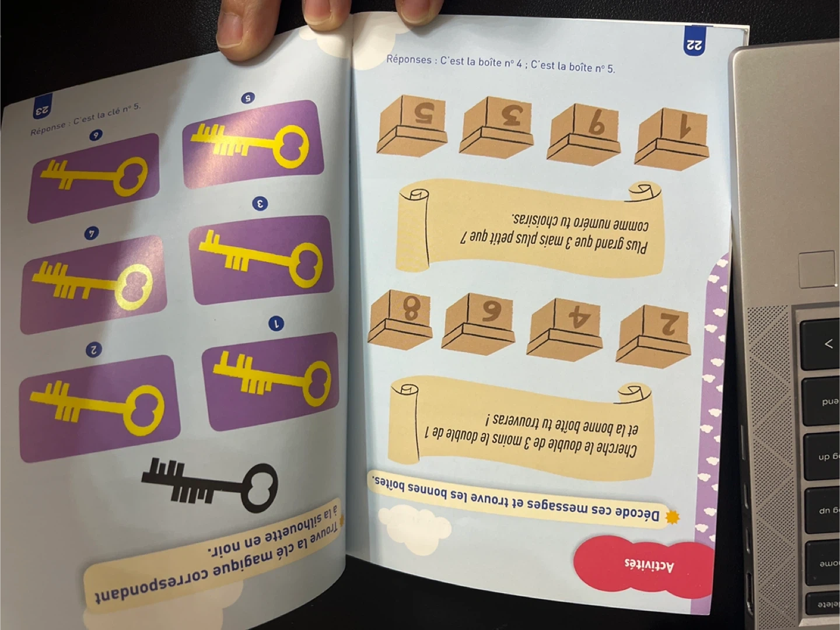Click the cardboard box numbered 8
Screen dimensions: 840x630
point(400,320)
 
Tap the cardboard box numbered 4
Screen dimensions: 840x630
point(565,329)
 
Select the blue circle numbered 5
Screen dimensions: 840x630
point(248,99)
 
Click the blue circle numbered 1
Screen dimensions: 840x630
point(276,324)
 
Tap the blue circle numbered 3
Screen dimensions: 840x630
point(260,204)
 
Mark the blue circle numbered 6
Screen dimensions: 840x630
point(96,135)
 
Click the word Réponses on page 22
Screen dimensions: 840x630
point(409,60)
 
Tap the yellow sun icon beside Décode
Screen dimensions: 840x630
point(673,517)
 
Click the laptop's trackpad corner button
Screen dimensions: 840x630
point(817,269)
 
